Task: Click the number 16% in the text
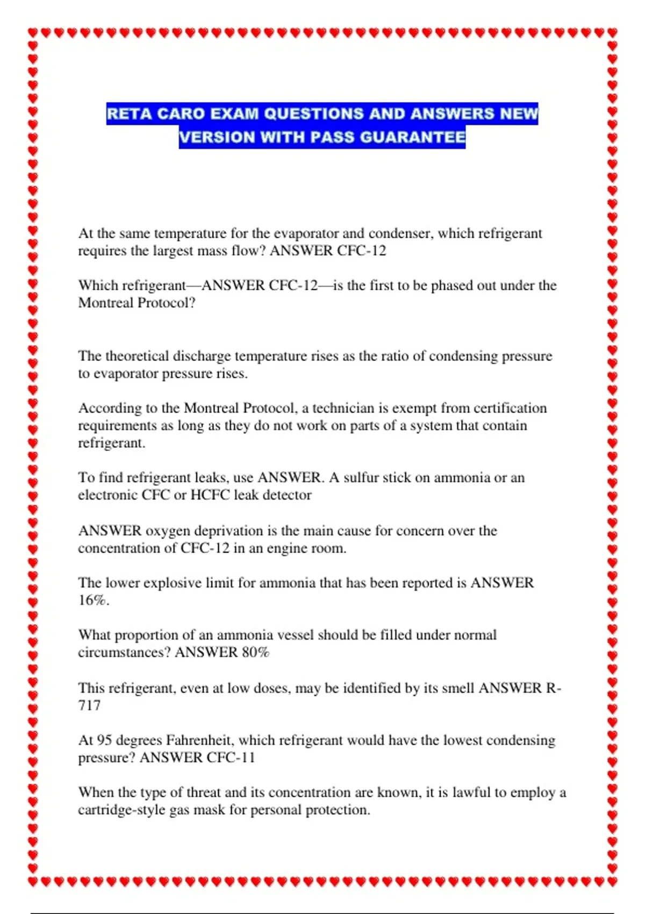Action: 93,601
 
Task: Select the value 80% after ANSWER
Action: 255,652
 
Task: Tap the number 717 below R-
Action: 89,705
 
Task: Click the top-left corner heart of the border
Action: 33,33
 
